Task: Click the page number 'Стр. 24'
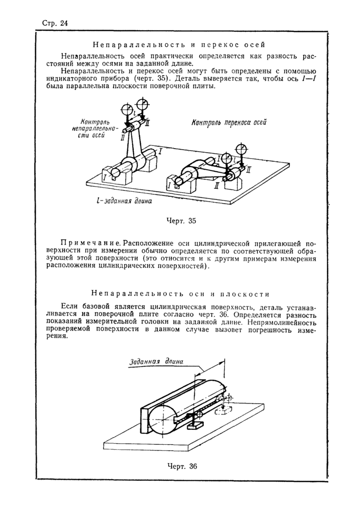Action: pyautogui.click(x=54, y=23)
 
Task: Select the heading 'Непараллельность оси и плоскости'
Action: pyautogui.click(x=179, y=294)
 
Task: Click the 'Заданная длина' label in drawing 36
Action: pyautogui.click(x=156, y=361)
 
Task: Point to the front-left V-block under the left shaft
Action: pyautogui.click(x=117, y=174)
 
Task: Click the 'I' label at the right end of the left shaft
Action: pyautogui.click(x=160, y=152)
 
